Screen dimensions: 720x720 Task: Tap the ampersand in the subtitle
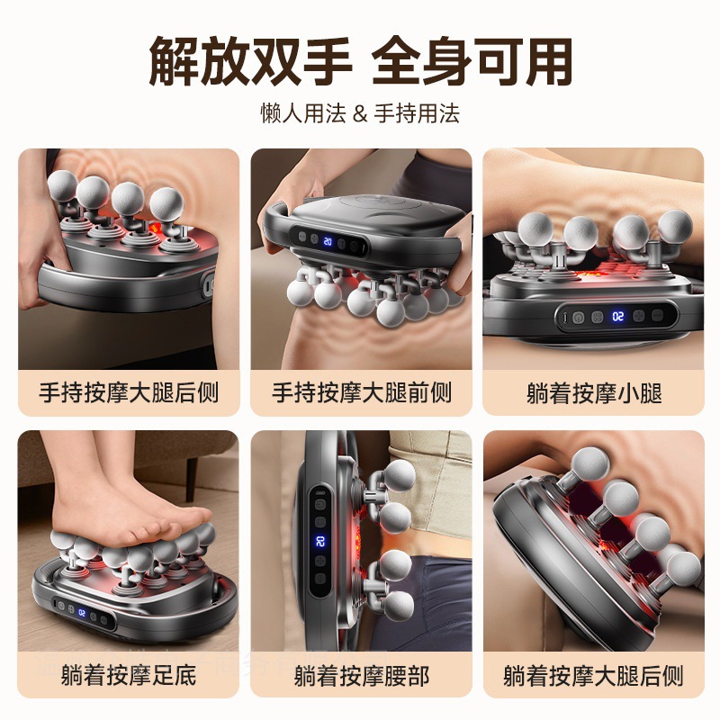pos(359,114)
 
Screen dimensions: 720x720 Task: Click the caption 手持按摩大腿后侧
pos(129,393)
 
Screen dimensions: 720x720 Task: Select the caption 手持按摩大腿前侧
pos(361,393)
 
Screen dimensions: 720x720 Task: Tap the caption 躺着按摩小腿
pos(593,393)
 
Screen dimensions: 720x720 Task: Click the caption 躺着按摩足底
pos(129,675)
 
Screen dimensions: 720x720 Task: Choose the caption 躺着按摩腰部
pos(361,675)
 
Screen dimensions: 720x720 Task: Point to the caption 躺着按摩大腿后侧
pos(593,675)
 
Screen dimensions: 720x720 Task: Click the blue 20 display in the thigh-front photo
pos(328,242)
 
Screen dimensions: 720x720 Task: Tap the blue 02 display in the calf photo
pos(619,317)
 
